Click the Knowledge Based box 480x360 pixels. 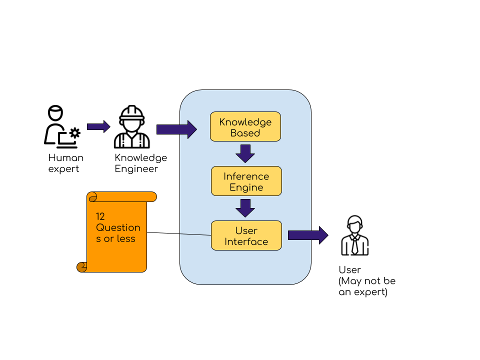point(245,126)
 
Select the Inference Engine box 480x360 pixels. point(246,181)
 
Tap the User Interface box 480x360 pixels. point(246,235)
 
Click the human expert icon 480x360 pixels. point(62,126)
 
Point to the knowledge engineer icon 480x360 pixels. point(131,126)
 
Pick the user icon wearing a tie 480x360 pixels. point(355,235)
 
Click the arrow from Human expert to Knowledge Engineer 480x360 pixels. point(98,126)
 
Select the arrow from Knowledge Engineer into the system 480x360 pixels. point(176,129)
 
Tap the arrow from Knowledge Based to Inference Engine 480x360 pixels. point(245,153)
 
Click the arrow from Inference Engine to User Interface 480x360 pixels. point(245,208)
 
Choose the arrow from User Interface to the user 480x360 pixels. point(308,235)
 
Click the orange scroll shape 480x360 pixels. point(116,232)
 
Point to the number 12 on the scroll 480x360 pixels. point(100,216)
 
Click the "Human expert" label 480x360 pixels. point(66,163)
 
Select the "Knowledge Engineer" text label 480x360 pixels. point(141,163)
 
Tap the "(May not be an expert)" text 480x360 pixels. point(367,286)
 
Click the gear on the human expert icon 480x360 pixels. point(75,133)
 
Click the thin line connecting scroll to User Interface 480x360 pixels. point(179,234)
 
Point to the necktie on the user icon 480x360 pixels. point(355,245)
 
